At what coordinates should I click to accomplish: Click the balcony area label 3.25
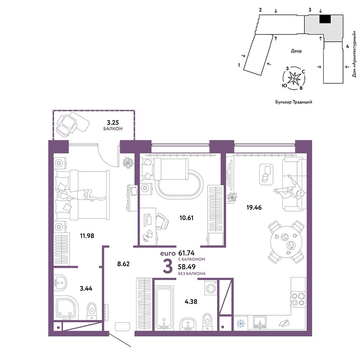(113, 122)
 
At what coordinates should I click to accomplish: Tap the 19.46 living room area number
(254, 207)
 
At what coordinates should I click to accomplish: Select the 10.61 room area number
(186, 218)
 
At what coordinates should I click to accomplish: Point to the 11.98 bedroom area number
(87, 236)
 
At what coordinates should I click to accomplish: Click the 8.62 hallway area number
(123, 264)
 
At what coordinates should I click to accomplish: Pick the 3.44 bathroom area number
(86, 288)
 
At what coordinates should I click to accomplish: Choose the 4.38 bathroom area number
(191, 301)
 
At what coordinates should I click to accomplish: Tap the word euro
(168, 254)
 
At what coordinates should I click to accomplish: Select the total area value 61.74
(186, 253)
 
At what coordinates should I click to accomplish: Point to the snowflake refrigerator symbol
(241, 324)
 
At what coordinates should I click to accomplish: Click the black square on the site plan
(325, 19)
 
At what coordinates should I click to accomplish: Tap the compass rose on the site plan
(294, 78)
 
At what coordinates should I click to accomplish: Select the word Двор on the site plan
(296, 51)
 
